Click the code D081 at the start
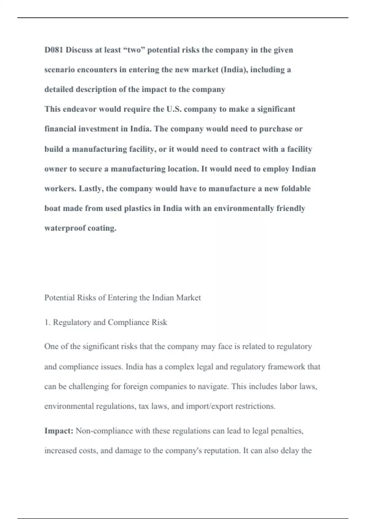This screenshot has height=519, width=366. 54,50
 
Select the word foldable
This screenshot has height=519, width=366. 296,188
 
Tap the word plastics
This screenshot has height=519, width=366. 138,208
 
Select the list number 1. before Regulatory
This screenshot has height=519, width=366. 47,322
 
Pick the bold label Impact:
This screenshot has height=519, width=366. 59,431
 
